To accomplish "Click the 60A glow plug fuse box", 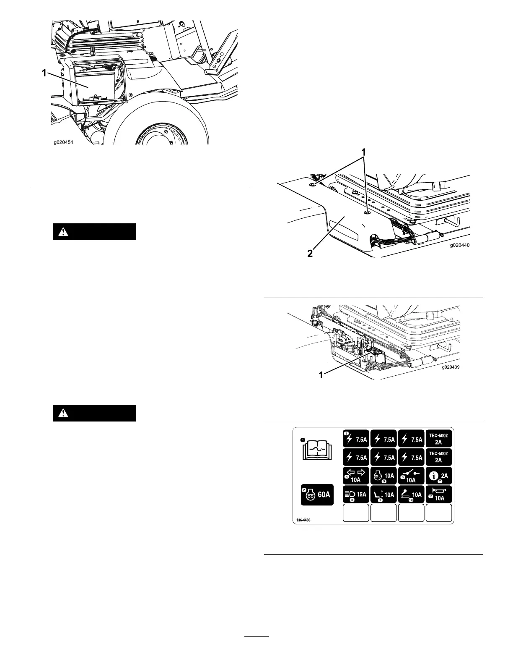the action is coord(317,494).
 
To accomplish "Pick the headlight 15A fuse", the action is coord(356,494).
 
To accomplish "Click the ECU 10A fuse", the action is coord(383,476).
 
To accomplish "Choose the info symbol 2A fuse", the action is coord(439,476).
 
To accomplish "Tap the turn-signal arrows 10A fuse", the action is coord(356,476).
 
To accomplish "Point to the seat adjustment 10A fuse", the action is coord(383,494).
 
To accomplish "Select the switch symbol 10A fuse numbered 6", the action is coord(411,476).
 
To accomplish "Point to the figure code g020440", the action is coord(460,246).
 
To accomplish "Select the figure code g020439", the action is coord(451,367).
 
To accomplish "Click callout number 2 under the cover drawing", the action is coord(310,254).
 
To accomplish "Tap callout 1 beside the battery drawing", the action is coord(44,73).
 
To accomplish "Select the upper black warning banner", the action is coord(94,232).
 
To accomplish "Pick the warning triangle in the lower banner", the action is coord(63,413).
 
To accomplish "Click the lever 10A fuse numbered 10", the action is coord(411,494).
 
